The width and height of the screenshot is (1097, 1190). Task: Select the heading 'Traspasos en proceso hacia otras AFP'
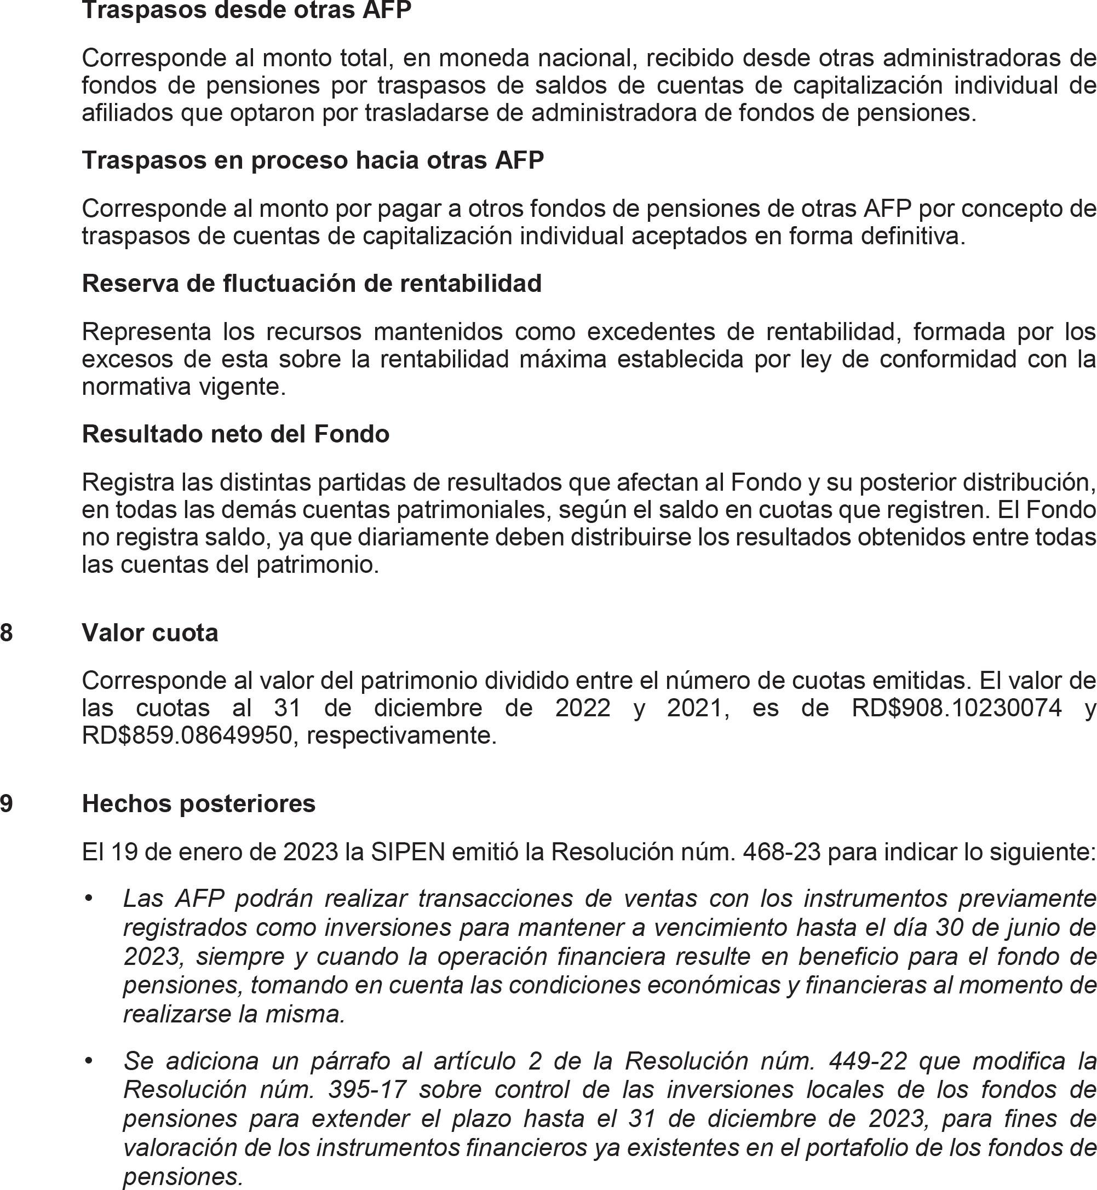tap(313, 160)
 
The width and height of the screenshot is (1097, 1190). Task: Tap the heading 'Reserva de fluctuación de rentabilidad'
tap(312, 284)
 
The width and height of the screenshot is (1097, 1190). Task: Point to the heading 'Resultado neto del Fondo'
tap(236, 434)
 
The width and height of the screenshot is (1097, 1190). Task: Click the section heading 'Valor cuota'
tap(150, 633)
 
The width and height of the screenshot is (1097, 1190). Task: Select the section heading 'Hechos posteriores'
tap(199, 803)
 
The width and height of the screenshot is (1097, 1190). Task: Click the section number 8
tap(7, 633)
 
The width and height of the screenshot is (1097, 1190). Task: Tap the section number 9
tap(7, 803)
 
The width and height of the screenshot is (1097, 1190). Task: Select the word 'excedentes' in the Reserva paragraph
tap(651, 331)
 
